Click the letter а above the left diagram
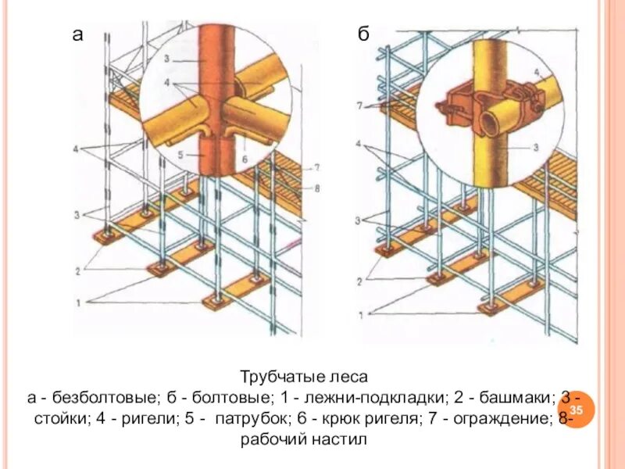point(77,34)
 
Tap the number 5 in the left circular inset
point(181,155)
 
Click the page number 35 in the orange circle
point(577,411)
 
